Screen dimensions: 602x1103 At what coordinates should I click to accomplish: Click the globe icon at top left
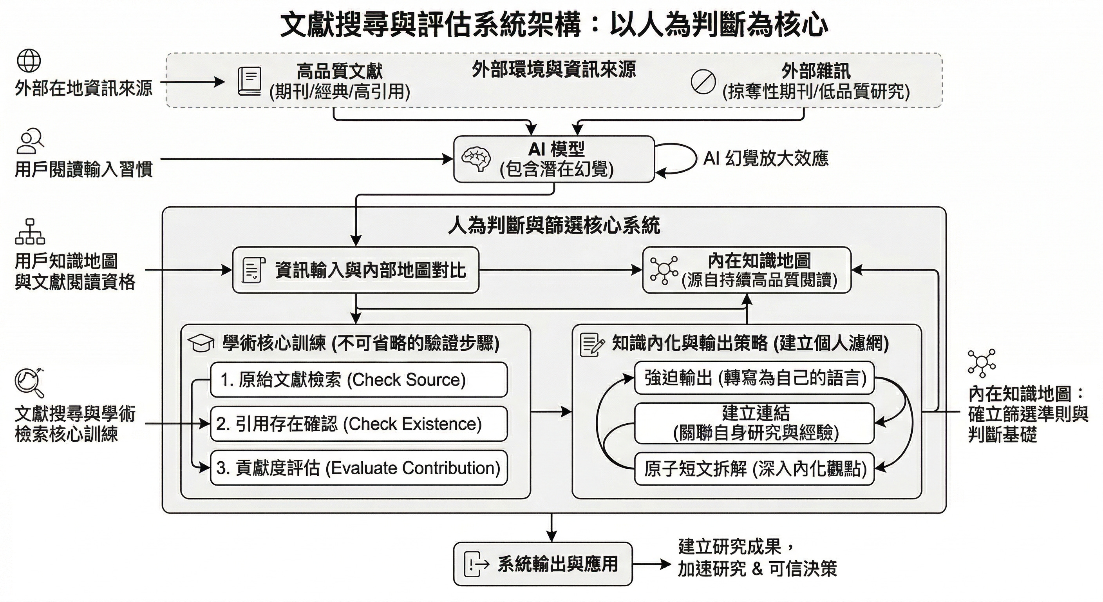[x=29, y=61]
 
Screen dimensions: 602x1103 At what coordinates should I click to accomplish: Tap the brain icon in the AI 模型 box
[x=476, y=160]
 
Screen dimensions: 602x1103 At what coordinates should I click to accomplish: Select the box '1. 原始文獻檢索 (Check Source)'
[x=358, y=380]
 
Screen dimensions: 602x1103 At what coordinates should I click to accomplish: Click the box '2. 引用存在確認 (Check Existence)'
[x=358, y=424]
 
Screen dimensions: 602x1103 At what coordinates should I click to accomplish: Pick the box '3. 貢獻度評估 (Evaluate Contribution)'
[x=358, y=468]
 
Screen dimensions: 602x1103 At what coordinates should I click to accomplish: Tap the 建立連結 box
[x=754, y=423]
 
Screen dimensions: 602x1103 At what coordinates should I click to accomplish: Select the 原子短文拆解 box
[x=754, y=469]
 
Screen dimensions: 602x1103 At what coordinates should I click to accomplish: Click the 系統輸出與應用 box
[x=542, y=564]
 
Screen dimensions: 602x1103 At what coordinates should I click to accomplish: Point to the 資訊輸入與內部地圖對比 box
[x=355, y=270]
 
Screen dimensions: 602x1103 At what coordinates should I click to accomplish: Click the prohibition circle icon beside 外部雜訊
[x=703, y=82]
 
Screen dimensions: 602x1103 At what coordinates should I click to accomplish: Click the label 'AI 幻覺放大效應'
[x=766, y=158]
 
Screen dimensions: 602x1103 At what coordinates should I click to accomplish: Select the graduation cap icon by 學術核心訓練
[x=201, y=344]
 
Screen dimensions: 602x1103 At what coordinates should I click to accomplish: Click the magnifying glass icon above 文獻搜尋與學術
[x=29, y=382]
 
